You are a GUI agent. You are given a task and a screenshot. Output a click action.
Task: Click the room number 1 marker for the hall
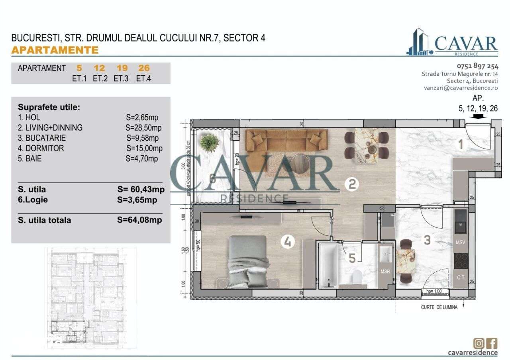461,145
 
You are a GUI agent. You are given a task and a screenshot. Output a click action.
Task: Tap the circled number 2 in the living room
352,184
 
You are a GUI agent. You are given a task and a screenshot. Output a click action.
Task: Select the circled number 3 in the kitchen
427,240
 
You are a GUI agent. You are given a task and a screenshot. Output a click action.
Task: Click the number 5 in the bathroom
352,258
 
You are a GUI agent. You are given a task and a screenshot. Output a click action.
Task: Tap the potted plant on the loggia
210,142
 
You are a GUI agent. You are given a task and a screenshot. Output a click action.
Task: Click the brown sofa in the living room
286,141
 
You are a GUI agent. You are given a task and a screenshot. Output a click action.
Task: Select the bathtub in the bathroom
328,266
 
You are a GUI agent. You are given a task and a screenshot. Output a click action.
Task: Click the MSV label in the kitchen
461,242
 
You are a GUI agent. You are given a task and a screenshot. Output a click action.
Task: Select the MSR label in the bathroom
385,272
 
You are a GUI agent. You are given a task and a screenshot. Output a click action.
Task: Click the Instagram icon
479,343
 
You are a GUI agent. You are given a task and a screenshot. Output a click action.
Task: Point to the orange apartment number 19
122,68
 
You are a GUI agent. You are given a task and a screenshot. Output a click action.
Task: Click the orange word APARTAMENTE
55,50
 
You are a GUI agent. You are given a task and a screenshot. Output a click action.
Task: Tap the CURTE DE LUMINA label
439,307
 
